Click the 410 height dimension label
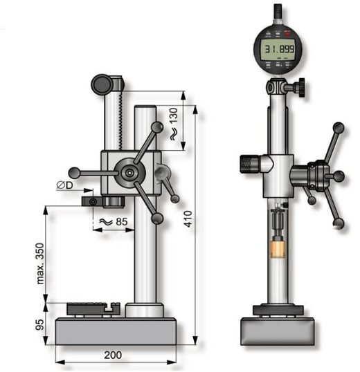coord(188,218)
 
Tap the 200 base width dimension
coord(113,355)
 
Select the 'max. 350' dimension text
coord(40,263)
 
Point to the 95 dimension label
coord(39,324)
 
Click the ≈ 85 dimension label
coord(114,222)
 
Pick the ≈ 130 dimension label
coord(174,124)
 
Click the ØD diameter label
coord(64,185)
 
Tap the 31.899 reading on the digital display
coord(280,49)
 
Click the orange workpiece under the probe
coord(278,250)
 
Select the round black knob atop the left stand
coord(102,84)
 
